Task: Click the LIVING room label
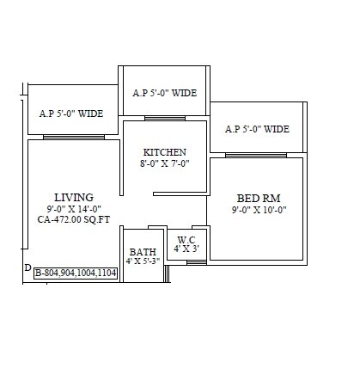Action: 73,197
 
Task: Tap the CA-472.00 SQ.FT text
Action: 73,219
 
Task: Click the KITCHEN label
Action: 164,152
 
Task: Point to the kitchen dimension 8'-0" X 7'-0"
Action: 164,163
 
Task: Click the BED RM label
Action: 258,198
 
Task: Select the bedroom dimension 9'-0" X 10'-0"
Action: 258,209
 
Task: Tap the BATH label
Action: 143,252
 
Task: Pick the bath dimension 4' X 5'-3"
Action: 143,261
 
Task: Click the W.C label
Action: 186,239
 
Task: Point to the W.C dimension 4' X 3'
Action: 186,249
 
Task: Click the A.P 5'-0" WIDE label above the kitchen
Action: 167,93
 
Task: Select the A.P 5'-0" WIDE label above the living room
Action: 71,113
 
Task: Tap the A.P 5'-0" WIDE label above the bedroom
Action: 257,130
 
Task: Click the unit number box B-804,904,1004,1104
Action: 76,273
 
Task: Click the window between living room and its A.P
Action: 73,136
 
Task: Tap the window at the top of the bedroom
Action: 256,155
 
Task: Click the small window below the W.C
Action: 196,261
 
